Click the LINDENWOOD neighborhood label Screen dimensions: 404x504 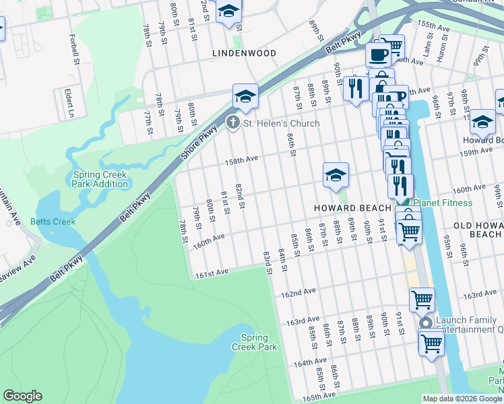pos(244,53)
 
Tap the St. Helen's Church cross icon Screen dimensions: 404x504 pos(232,123)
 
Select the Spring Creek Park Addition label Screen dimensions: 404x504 pos(100,179)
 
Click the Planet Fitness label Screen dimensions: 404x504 pos(443,203)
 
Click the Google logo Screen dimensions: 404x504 pos(22,396)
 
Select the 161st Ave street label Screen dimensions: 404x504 pos(212,271)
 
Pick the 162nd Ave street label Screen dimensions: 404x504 pos(298,294)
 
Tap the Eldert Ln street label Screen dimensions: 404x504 pos(69,102)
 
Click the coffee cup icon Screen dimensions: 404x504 pos(378,53)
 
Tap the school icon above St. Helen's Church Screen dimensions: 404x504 pos(246,96)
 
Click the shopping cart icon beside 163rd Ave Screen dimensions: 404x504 pos(422,300)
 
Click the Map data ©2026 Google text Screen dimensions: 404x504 pos(462,399)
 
